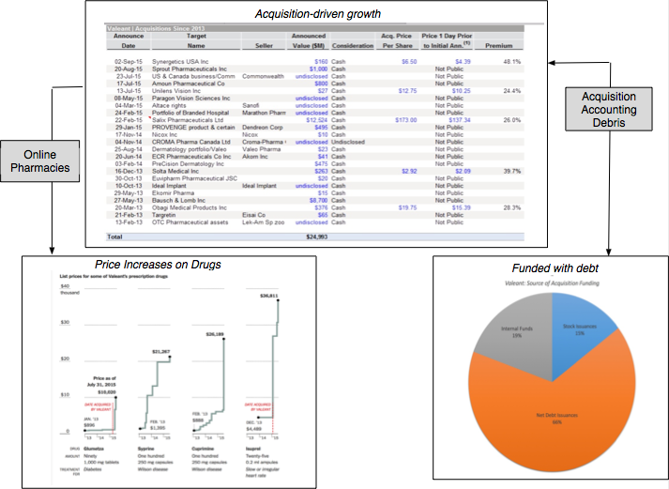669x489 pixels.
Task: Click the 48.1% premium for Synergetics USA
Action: click(x=512, y=61)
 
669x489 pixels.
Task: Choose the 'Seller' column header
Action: click(x=257, y=45)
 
